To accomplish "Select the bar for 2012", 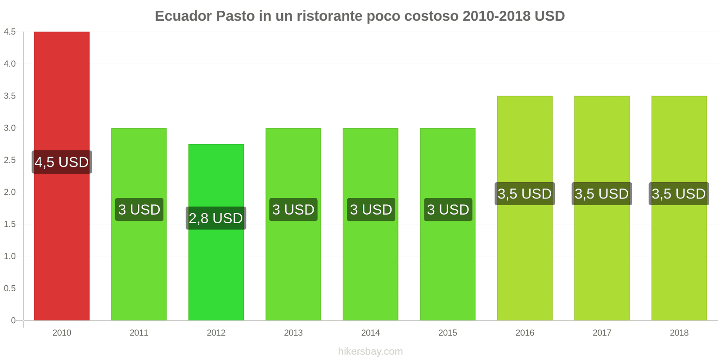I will click(216, 270).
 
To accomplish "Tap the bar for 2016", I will click(525, 261).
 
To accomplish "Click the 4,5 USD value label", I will click(62, 162).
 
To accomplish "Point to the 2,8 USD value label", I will click(216, 218).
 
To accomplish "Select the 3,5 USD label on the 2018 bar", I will click(679, 194).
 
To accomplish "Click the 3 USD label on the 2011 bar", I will click(139, 210).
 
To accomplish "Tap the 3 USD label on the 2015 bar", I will click(448, 210).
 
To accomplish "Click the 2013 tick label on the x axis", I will click(293, 333).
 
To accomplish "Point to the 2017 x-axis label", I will click(602, 333).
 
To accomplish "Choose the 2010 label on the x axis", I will click(62, 333).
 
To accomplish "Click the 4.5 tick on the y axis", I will click(10, 32).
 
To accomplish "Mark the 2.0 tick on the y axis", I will click(10, 192).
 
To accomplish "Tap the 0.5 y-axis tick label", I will click(10, 288).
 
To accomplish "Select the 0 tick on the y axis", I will click(13, 320).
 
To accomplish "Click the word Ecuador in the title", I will click(183, 16).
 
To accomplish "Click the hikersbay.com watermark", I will click(370, 351).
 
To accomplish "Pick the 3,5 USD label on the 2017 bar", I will click(602, 194).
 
